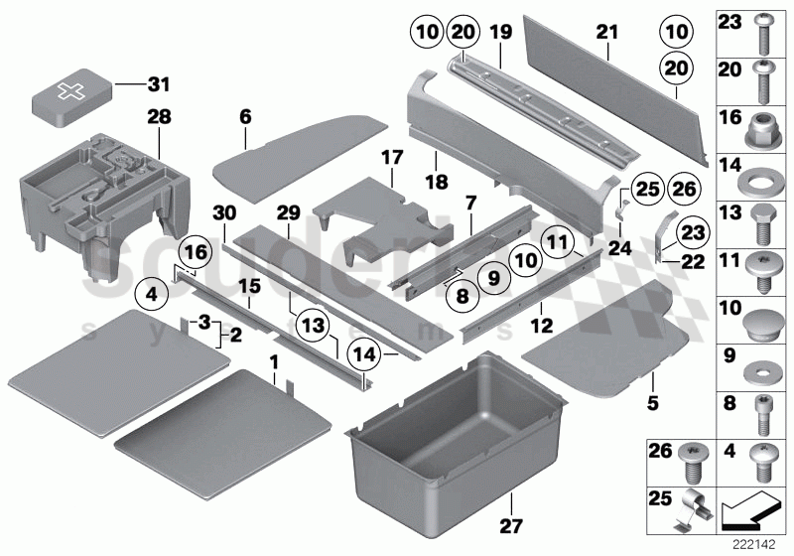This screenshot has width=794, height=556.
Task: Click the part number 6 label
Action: click(244, 116)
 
